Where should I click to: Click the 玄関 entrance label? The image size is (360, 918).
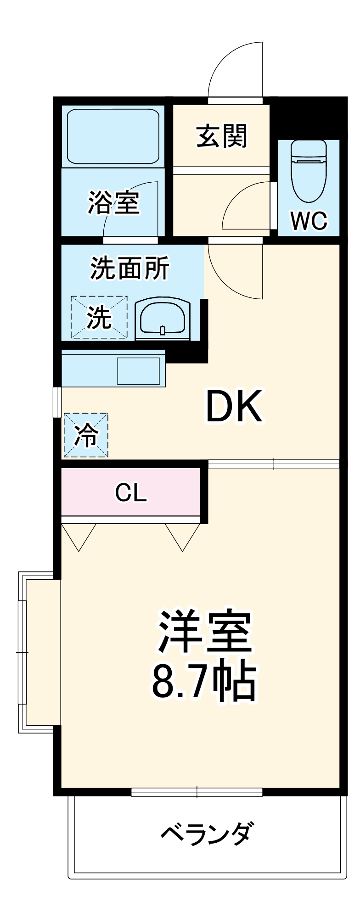coord(222,136)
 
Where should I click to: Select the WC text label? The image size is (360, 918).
coord(309,221)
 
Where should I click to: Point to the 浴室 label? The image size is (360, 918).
coord(113,202)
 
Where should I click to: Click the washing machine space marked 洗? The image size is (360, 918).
coord(99,317)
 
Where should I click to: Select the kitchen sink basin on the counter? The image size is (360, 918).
coord(138,371)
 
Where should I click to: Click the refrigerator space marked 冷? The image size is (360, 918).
coord(86,435)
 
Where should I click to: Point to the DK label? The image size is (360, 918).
coord(234,407)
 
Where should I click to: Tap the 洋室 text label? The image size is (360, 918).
coord(205,632)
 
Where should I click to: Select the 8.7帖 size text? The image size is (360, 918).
coord(203,680)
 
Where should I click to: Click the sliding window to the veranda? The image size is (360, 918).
coord(197,792)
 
